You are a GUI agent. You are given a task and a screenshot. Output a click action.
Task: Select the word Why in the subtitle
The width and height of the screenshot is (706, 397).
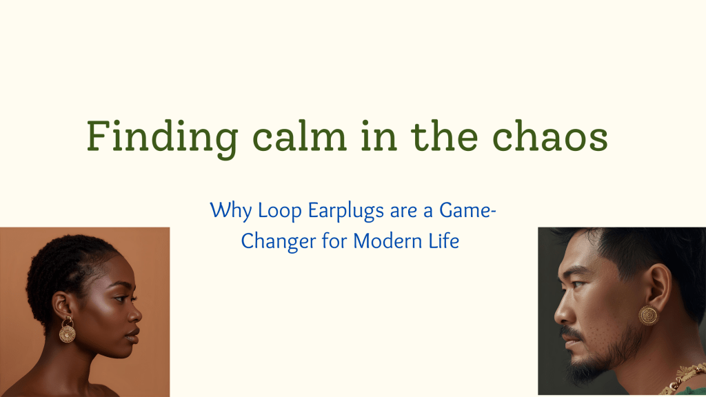click(226, 210)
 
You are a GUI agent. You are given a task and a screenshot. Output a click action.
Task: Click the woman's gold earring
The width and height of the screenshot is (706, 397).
click(67, 332)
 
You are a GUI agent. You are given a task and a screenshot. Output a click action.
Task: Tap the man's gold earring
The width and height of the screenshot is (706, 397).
click(648, 314)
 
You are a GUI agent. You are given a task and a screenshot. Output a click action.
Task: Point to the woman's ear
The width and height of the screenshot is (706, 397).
click(62, 304)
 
